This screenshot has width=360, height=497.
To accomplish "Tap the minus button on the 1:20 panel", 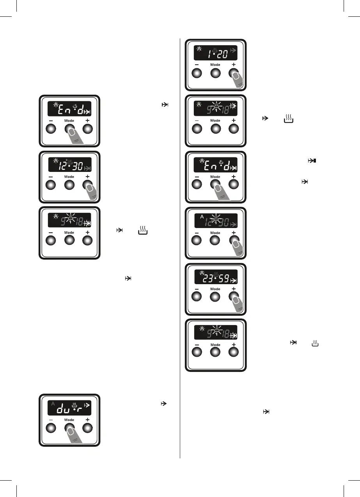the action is pos(197,73).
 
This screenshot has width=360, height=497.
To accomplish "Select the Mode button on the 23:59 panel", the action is pos(215,297).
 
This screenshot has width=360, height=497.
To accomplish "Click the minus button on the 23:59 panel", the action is pos(197,297).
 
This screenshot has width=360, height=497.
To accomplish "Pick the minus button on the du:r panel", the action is pos(51,428).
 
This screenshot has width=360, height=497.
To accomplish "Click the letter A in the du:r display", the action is pos(53,404).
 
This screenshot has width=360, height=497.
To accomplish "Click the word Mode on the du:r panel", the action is pos(69,420).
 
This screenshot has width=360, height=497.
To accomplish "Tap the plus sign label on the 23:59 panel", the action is pos(234,289).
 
